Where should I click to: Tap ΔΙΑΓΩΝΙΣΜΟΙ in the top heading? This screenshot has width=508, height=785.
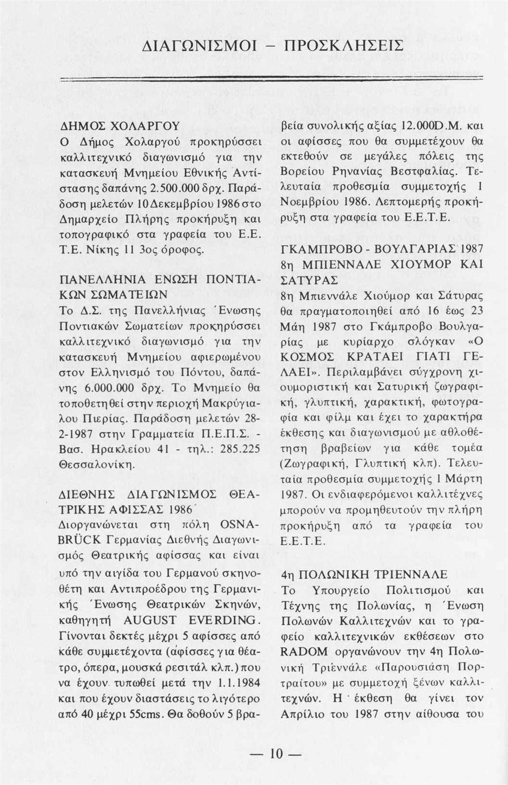(199, 46)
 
